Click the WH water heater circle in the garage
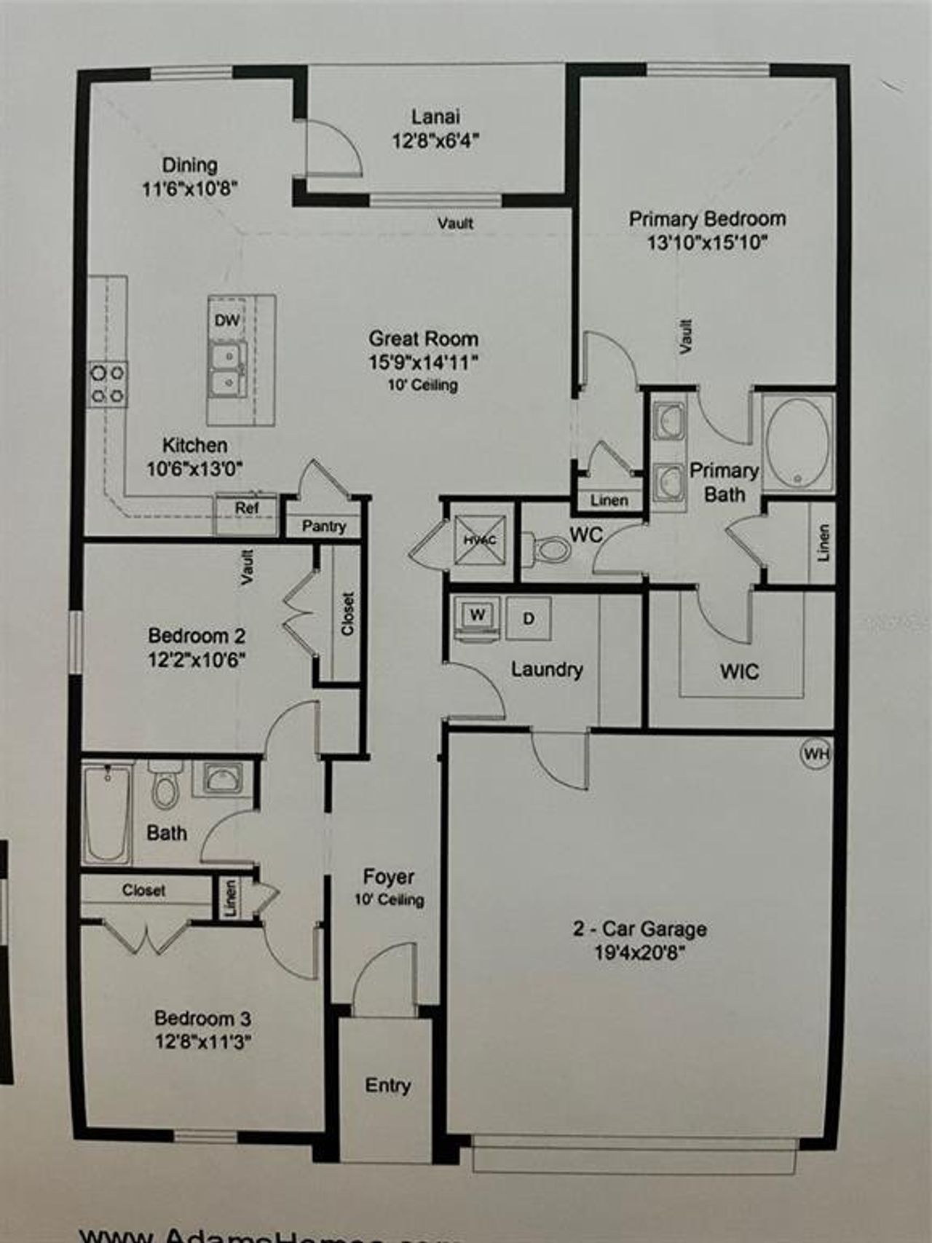815,754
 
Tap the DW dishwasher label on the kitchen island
226,320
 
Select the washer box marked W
477,615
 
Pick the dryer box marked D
529,619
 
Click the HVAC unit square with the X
480,540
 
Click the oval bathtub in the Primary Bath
799,443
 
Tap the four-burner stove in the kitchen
107,384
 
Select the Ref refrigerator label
246,508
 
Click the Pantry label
324,526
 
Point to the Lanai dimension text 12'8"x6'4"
435,141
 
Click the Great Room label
423,339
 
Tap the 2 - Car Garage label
639,929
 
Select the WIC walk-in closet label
739,671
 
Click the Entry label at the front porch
387,1085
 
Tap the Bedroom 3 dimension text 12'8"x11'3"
202,1042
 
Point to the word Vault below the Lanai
455,223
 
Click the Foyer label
388,877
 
